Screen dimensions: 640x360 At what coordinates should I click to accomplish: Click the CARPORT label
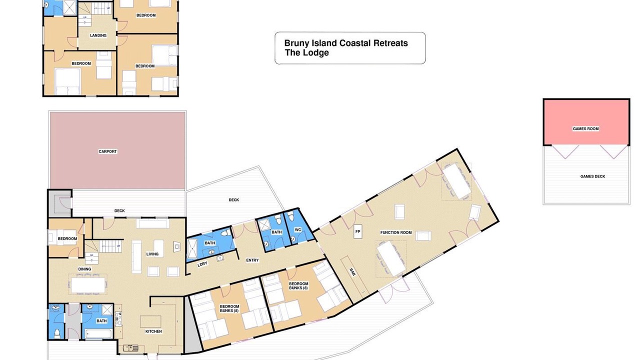pos(107,151)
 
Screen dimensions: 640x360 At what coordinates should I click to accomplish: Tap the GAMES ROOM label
pos(585,128)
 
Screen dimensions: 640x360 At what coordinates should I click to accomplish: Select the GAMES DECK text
pos(592,176)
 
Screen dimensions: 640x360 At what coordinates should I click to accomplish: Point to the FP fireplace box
pos(357,231)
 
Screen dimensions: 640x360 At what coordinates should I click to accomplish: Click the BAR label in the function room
pos(352,272)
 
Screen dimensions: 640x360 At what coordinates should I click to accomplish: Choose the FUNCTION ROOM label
pos(396,232)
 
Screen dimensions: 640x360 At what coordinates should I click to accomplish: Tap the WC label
pos(297,229)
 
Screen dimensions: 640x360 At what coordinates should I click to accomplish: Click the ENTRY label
pos(252,260)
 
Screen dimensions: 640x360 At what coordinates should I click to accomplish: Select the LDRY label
pos(202,264)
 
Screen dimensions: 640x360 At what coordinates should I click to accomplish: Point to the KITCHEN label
pos(153,331)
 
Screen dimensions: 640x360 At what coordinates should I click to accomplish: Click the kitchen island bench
pos(150,321)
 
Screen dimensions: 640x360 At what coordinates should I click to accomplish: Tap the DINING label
pos(84,269)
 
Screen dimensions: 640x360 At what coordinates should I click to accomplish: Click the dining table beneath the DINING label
pos(88,285)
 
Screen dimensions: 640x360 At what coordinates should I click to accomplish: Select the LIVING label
pos(152,254)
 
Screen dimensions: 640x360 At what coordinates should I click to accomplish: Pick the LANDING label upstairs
pos(98,35)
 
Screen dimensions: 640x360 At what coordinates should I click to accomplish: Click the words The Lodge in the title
pos(306,52)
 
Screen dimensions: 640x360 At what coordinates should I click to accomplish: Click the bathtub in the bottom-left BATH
pos(98,333)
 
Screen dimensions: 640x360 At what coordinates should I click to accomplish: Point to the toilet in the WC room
pos(291,216)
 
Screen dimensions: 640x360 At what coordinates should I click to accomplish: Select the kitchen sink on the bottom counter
pos(131,348)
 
